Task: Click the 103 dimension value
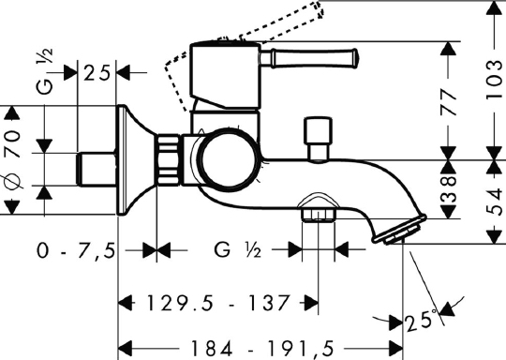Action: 495,79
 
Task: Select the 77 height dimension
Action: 448,102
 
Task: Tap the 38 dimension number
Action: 448,189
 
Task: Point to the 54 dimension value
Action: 495,202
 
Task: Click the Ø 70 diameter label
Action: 12,158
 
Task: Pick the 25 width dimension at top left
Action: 97,73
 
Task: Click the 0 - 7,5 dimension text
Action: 76,250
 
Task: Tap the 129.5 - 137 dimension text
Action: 217,303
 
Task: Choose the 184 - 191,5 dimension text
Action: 261,349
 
